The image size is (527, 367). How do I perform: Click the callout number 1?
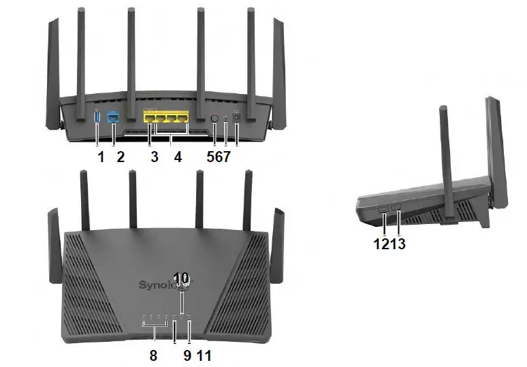pos(100,157)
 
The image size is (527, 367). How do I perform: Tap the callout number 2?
pos(120,157)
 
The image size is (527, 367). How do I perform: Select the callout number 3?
pos(155,157)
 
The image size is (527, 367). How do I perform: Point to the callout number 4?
pos(178,157)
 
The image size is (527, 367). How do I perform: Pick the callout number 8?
pos(154,355)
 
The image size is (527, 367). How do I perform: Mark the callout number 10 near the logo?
pos(181,278)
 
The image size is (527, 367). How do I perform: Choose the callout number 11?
pos(204,355)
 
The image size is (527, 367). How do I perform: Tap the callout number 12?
pos(381,243)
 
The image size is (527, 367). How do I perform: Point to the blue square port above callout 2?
pos(113,118)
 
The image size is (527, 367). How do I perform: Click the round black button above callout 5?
pos(214,118)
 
